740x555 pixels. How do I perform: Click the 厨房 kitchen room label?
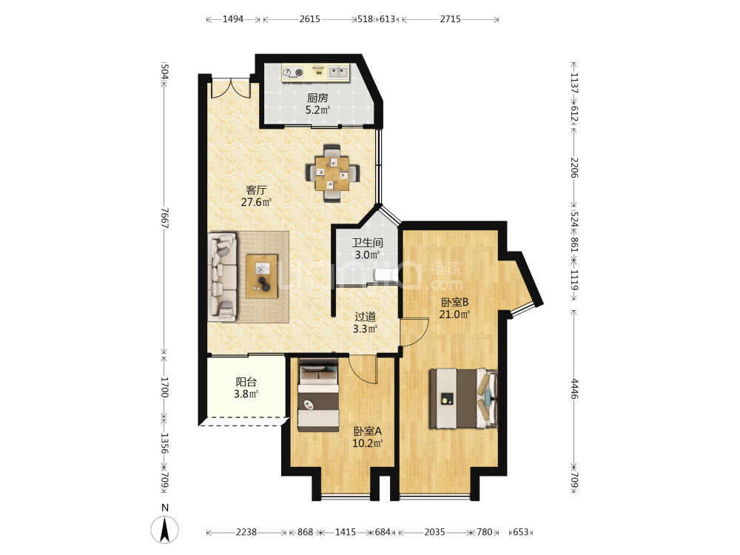click(317, 98)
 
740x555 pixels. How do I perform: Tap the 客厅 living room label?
click(256, 189)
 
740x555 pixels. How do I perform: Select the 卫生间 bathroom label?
click(367, 243)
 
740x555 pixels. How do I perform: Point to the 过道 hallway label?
click(365, 317)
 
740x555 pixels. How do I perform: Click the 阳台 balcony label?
click(246, 382)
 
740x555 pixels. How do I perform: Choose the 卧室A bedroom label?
click(367, 431)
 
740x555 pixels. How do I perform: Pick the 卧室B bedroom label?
click(454, 302)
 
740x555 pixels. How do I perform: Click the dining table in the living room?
click(332, 173)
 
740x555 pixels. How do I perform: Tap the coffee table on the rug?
click(262, 276)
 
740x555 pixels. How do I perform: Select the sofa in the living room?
click(223, 277)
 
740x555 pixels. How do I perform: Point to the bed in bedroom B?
click(463, 399)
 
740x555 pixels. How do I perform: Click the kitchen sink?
click(338, 72)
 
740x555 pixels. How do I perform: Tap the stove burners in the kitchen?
click(293, 73)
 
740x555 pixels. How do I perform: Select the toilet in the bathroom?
click(384, 275)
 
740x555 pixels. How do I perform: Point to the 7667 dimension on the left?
click(164, 218)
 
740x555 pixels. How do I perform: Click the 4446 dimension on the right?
click(574, 388)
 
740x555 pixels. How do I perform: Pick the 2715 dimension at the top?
click(450, 19)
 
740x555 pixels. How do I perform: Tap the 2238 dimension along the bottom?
click(246, 532)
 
